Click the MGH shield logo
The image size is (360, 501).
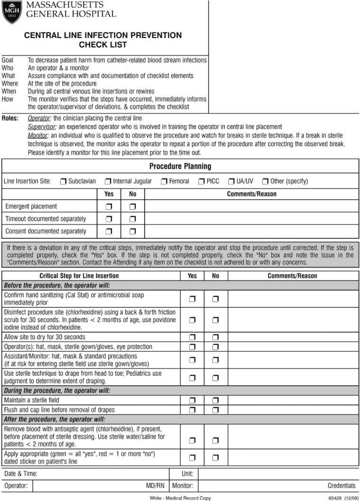[12, 12]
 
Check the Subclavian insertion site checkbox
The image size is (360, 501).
[63, 181]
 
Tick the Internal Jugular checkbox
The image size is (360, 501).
[108, 181]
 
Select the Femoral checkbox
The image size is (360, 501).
[164, 181]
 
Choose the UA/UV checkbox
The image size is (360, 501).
[231, 181]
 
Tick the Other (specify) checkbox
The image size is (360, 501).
[266, 181]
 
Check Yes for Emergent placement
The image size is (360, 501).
[109, 207]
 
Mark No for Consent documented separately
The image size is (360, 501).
[133, 232]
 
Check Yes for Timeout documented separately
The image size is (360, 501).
[109, 219]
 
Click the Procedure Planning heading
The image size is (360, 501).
[180, 167]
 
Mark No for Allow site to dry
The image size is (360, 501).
[216, 337]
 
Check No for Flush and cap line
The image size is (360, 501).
[216, 410]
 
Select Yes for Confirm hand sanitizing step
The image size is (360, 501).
[192, 299]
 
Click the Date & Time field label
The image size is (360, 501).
[21, 473]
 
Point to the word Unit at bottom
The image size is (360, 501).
[187, 473]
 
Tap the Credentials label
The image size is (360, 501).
[341, 486]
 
